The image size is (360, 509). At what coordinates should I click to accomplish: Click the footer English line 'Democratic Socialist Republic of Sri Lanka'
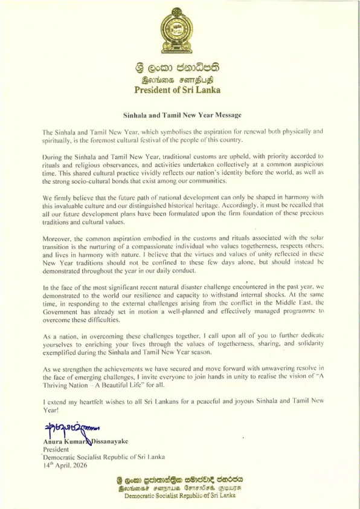pos(179,496)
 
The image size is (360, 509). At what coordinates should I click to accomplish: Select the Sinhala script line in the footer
pos(179,480)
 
